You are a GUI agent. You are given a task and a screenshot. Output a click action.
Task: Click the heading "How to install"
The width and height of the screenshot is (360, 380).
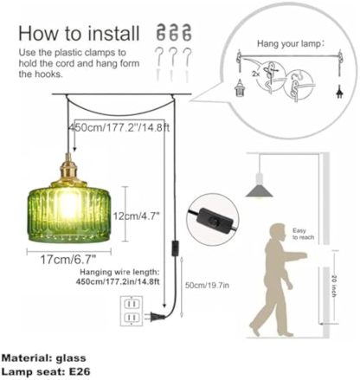[x=79, y=34]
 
